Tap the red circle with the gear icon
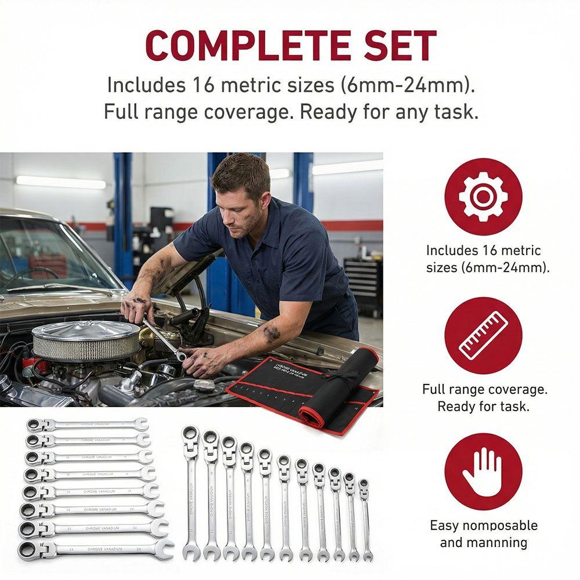point(483,197)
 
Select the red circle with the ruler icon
point(483,335)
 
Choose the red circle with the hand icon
point(483,472)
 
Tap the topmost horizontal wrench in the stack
point(87,425)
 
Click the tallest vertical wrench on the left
point(191,493)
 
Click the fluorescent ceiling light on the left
point(61,182)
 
